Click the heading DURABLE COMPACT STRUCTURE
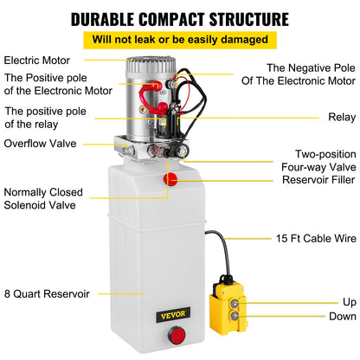[x=179, y=18]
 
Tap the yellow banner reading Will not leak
[x=179, y=40]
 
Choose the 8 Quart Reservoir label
[x=47, y=293]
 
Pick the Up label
[x=348, y=302]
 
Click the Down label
[x=342, y=317]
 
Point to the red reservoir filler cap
[x=170, y=179]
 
